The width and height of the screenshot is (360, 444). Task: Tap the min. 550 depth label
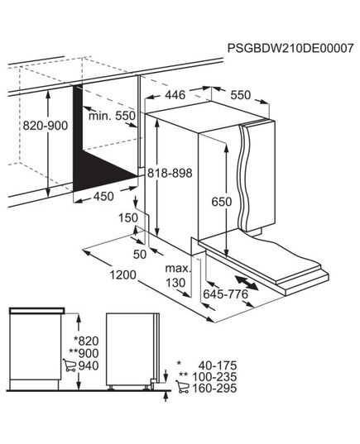tap(113, 117)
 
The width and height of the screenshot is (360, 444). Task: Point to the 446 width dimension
tap(171, 96)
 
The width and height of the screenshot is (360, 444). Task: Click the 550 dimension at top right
tap(239, 96)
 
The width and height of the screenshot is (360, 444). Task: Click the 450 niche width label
tap(103, 196)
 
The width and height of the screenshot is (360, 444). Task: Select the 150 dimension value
tap(127, 217)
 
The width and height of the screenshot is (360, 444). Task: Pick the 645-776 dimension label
tap(225, 295)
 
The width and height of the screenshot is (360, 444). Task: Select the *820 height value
tap(86, 340)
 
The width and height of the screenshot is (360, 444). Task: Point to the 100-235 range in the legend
tap(215, 378)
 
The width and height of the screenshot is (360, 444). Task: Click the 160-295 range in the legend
tap(215, 390)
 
